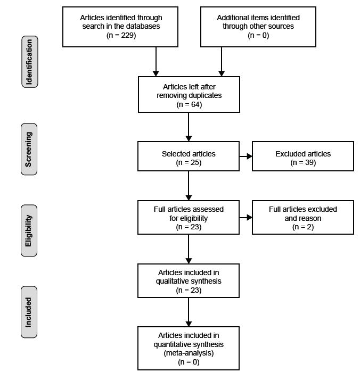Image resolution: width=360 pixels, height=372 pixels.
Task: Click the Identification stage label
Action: coord(29,62)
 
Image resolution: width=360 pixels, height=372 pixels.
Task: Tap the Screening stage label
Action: coord(29,150)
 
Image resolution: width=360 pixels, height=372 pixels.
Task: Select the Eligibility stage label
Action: coord(29,230)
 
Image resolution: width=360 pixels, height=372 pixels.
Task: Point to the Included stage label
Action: coord(29,312)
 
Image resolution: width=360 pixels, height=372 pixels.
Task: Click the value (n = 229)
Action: coord(121,35)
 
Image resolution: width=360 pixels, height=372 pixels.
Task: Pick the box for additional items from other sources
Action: coord(258,27)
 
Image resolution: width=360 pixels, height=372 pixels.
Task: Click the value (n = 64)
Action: coord(189,104)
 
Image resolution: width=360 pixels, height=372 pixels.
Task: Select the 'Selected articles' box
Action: coord(189,156)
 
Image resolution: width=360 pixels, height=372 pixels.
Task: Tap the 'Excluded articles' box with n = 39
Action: coord(302,156)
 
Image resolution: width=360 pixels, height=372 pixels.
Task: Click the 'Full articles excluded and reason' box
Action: coord(302,217)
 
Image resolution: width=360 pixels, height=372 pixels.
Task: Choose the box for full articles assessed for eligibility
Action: coord(189,217)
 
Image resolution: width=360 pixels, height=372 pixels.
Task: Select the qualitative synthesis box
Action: coord(189,280)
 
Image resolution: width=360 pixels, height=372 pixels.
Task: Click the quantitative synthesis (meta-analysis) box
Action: coord(189,348)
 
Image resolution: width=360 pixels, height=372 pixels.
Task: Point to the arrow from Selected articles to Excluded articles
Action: coord(246,156)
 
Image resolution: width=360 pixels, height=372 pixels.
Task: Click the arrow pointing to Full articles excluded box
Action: coord(246,217)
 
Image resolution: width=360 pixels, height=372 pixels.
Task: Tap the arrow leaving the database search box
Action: coord(156,62)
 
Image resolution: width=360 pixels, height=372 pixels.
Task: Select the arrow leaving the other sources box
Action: coord(222,62)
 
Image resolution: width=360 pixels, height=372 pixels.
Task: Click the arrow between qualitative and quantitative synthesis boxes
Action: coord(189,312)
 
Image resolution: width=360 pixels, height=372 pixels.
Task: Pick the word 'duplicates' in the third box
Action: coord(204,95)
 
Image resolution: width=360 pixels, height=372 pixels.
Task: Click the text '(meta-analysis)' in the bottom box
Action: coord(189,353)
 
